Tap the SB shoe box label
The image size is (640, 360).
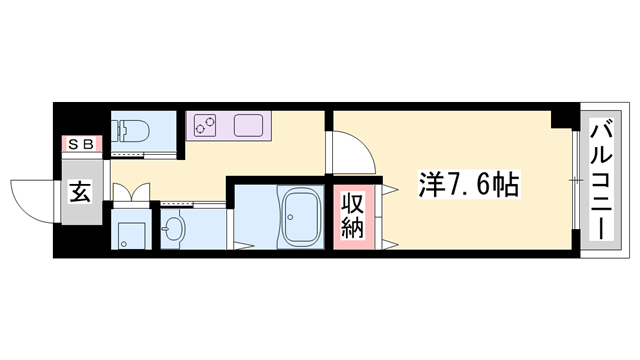[x=79, y=145]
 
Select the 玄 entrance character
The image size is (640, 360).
[x=79, y=194]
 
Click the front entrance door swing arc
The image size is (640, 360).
[x=28, y=196]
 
